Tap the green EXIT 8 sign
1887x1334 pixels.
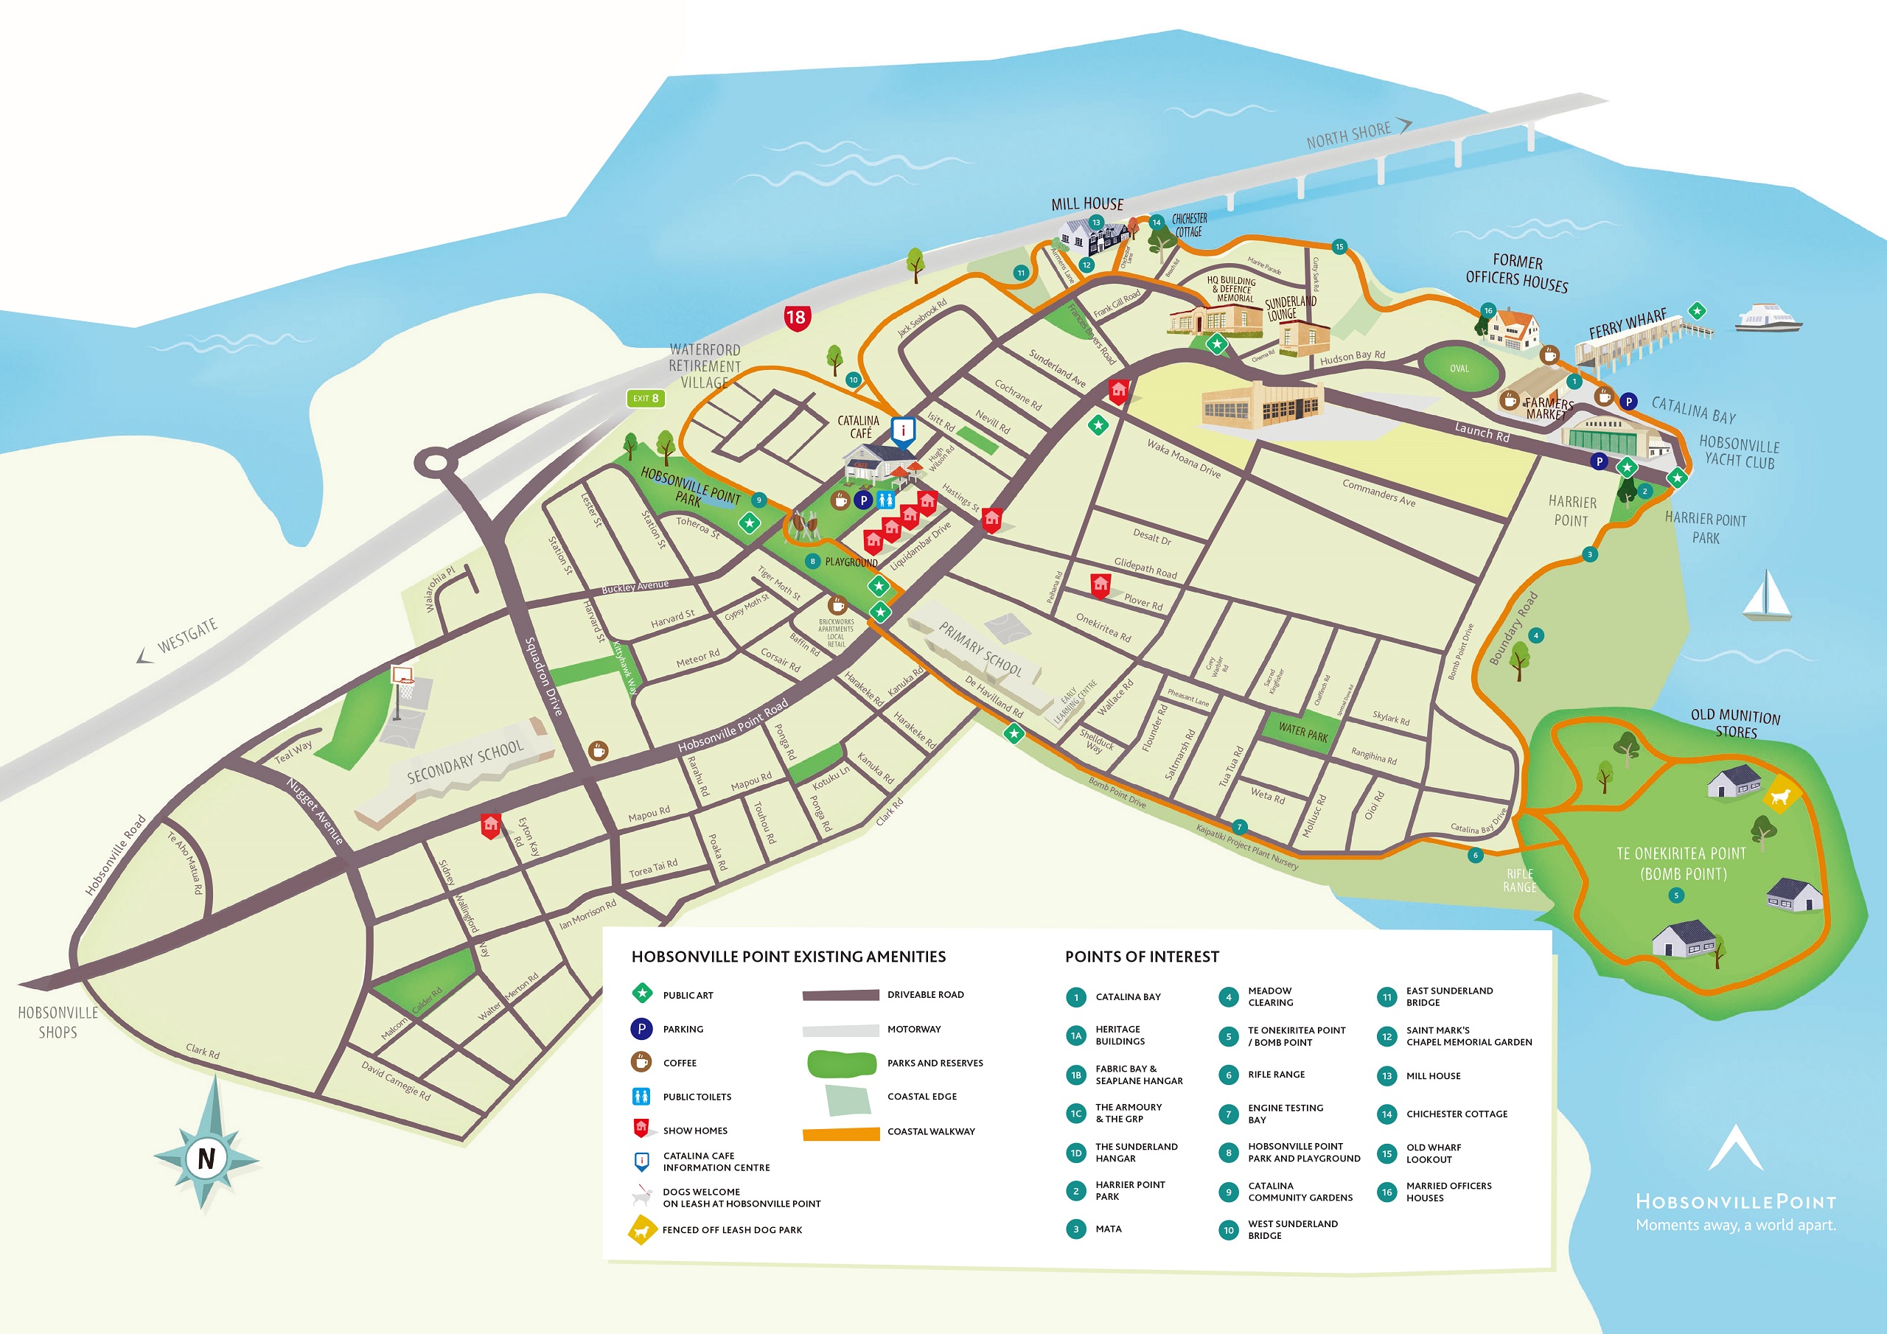[645, 399]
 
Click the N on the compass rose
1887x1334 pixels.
[206, 1158]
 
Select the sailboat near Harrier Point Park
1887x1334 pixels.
[1766, 597]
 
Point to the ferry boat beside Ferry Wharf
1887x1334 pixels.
[1768, 318]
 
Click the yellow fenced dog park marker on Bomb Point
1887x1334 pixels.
[1781, 795]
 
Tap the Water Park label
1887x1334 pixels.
[1302, 730]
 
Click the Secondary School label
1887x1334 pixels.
[464, 761]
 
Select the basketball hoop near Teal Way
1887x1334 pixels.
[402, 678]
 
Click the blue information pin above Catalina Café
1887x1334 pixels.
[903, 430]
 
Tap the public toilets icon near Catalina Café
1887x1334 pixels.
[885, 500]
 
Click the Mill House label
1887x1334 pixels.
[1086, 204]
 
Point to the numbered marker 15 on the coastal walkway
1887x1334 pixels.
[1339, 247]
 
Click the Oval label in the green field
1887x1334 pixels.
[1459, 369]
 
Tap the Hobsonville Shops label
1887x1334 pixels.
[57, 1022]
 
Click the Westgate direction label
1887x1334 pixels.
[186, 635]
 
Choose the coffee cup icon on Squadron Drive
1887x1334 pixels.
[598, 750]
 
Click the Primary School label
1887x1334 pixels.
[980, 649]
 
